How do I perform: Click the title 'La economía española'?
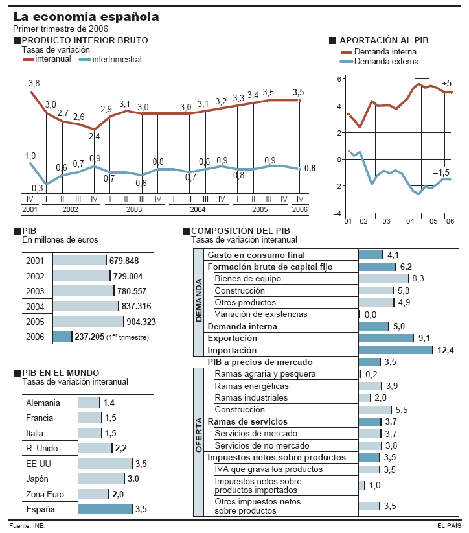pos(86,16)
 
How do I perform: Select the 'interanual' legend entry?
pos(48,60)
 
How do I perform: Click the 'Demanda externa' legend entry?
pos(387,62)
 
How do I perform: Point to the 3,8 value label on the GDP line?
pos(34,83)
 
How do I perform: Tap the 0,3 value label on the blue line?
pos(38,188)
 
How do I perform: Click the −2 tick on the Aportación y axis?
pos(337,187)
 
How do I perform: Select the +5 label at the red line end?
pos(446,84)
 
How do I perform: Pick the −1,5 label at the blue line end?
pos(441,172)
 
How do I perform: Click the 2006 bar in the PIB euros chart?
pos(62,337)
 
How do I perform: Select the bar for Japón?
pos(100,479)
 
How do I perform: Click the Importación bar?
pos(395,350)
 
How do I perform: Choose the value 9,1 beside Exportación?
pos(424,338)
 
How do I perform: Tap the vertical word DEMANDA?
pos(199,302)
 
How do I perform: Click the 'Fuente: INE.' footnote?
pos(27,525)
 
